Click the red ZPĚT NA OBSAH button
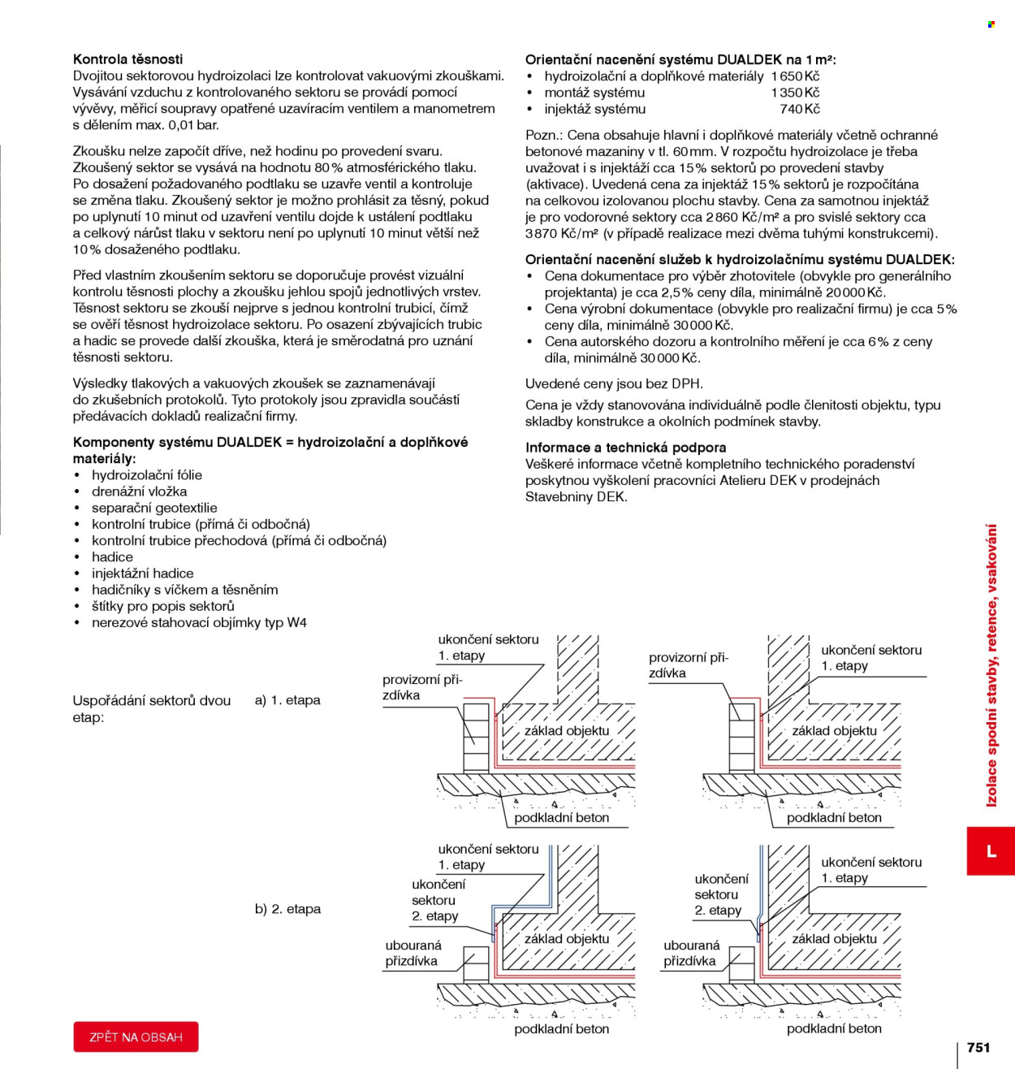click(136, 1037)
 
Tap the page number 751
click(978, 1047)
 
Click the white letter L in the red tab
click(991, 851)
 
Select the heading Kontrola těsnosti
click(127, 58)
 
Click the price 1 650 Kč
click(795, 76)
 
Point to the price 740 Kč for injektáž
click(800, 109)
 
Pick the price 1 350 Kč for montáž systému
click(795, 93)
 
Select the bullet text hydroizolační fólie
click(147, 474)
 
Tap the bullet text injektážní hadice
click(142, 573)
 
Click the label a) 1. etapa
click(287, 699)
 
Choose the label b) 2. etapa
click(287, 909)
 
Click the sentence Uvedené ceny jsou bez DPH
click(615, 383)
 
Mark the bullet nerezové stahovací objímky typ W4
click(199, 622)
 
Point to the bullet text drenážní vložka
click(139, 491)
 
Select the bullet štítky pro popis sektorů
click(163, 606)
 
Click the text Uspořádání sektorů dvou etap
click(152, 708)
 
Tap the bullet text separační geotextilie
click(154, 508)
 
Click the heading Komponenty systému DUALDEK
click(270, 450)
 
